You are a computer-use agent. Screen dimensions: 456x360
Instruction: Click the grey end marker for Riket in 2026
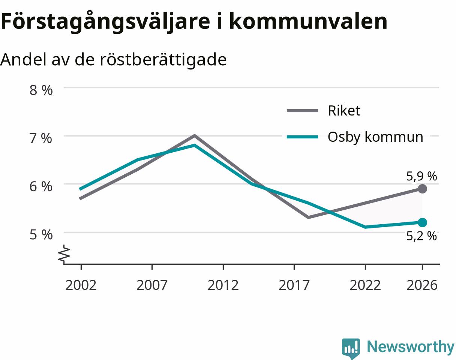coord(422,189)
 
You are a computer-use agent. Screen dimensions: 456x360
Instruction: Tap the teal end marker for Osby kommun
coord(422,222)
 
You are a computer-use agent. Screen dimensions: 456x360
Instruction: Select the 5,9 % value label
coord(421,176)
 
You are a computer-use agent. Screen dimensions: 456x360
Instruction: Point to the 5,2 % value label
coord(421,236)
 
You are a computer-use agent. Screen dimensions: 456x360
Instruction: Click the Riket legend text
coord(344,111)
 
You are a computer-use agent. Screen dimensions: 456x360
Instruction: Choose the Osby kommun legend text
coord(375,137)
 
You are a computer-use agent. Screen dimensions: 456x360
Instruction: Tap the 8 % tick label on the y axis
coord(41,90)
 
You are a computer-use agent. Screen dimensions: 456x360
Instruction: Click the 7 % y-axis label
coord(41,138)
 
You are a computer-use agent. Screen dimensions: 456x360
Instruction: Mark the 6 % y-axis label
coord(41,187)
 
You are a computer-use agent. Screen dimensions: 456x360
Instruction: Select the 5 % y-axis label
coord(41,235)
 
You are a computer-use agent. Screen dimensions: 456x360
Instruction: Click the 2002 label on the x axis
coord(81,285)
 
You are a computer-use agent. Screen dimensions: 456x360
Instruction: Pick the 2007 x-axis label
coord(152,285)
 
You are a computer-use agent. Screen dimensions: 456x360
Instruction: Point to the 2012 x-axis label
coord(223,285)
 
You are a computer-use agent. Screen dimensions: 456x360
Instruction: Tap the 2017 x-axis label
coord(294,285)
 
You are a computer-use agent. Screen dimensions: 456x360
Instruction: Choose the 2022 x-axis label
coord(365,285)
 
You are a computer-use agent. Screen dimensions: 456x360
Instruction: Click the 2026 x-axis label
coord(422,285)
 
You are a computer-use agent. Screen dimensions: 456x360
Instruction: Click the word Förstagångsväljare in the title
coord(105,22)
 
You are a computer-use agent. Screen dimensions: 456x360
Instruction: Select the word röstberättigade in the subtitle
coord(163,59)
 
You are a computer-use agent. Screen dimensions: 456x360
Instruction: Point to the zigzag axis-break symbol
coord(64,255)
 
